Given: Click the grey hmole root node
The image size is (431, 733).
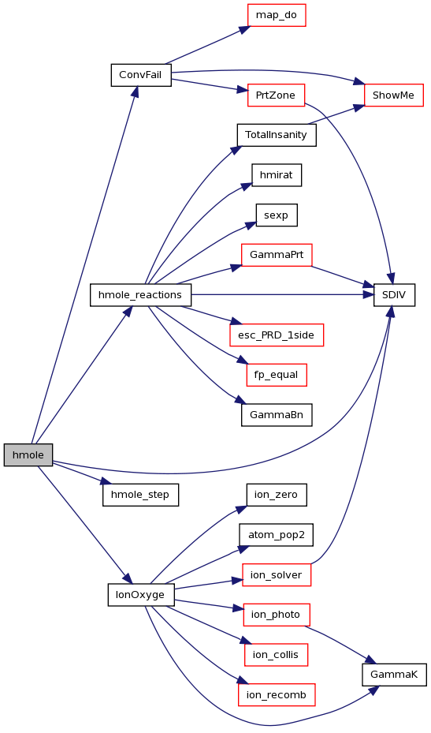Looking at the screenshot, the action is pos(28,454).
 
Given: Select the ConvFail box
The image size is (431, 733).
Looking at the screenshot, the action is pos(140,75).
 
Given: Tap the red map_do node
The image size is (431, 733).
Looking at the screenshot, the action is pos(277,15).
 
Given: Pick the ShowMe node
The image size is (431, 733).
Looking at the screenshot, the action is pos(394,95).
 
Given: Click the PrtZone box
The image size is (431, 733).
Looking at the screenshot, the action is pos(276,95).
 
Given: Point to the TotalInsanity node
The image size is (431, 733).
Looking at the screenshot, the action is pos(277,135).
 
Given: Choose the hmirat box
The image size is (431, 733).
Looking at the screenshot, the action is pos(277,175).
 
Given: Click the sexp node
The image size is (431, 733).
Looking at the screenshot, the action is pos(277,215).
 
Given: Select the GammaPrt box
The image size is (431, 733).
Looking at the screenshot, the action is pos(277,255).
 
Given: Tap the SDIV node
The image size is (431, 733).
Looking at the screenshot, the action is pos(394,295).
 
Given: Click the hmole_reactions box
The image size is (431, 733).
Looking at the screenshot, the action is pos(140,295).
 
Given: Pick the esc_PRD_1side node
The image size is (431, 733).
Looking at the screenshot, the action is pos(277,335).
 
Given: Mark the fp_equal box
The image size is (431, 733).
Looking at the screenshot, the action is pos(277,375).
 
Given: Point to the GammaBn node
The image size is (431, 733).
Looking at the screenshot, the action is pos(277,415).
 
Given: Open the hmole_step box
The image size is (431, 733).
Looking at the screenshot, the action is pos(140,495).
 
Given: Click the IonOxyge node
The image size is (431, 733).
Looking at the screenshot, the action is pos(141,595).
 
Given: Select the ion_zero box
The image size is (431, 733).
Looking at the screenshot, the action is pos(277,495).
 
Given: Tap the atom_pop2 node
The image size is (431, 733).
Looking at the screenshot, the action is pos(276,535).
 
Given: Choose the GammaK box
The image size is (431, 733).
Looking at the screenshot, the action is pos(394,675).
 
